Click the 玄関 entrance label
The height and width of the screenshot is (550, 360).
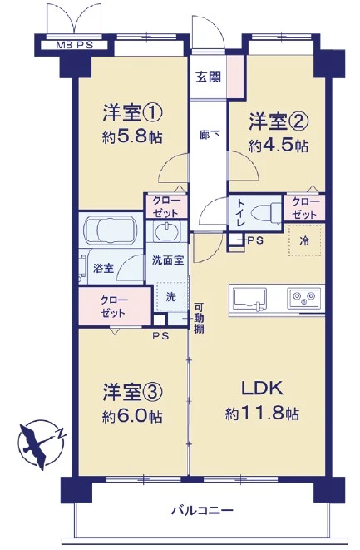[209, 77]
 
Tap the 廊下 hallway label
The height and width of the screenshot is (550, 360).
[210, 134]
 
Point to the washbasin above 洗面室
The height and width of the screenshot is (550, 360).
[167, 231]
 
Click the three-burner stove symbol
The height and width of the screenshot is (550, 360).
[304, 299]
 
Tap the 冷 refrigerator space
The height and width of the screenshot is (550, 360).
[304, 241]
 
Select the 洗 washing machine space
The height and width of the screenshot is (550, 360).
[170, 297]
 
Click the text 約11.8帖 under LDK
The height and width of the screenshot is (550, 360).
[262, 414]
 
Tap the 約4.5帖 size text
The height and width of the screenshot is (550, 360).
[279, 146]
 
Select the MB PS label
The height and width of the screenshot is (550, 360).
[74, 45]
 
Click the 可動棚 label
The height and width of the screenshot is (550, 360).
[199, 318]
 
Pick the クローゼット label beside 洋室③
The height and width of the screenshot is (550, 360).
[114, 306]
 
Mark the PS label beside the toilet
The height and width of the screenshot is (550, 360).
[255, 240]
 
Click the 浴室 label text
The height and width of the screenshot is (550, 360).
[103, 268]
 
